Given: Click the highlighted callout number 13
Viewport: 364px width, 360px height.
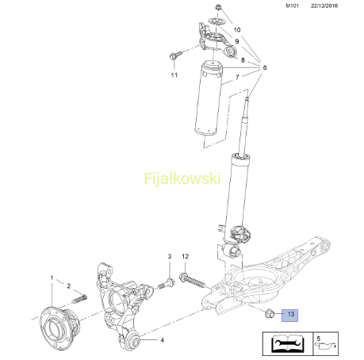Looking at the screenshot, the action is pyautogui.click(x=291, y=314).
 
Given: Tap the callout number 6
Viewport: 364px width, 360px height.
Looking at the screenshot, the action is pyautogui.click(x=265, y=67).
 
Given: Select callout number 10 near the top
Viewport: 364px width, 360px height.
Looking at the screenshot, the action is pyautogui.click(x=237, y=29).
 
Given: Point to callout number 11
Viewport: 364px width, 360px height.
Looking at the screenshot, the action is pyautogui.click(x=174, y=75).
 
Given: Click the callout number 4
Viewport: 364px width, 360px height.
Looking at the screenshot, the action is pyautogui.click(x=162, y=340).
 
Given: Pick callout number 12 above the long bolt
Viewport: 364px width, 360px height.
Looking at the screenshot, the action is pyautogui.click(x=185, y=256).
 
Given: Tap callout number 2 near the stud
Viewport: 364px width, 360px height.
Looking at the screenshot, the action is pyautogui.click(x=69, y=285).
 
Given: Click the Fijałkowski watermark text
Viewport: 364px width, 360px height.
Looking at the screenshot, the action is pyautogui.click(x=182, y=178).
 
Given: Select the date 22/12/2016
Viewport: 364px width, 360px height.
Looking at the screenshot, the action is pyautogui.click(x=324, y=6).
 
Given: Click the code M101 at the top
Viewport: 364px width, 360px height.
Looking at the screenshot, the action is pyautogui.click(x=292, y=6).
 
